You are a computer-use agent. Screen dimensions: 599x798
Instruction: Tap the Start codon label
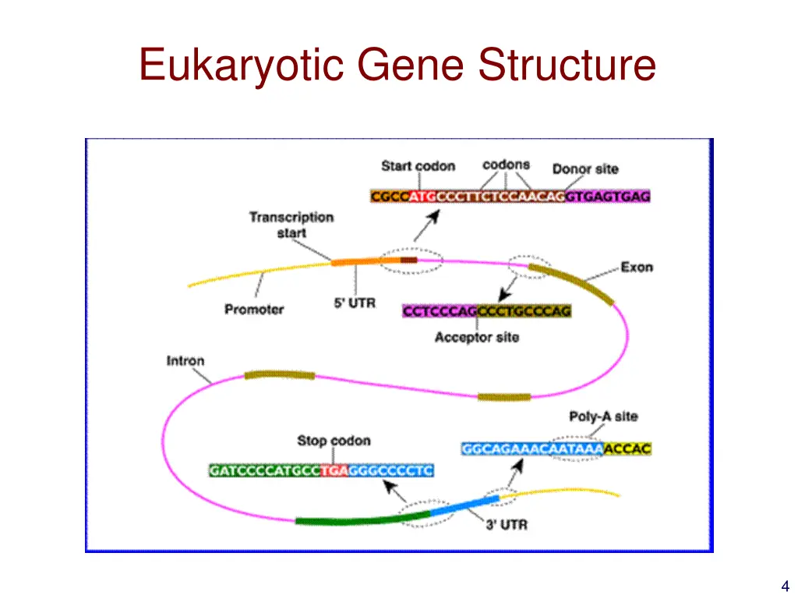coord(418,166)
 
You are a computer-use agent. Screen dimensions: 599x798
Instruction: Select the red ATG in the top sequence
coord(422,197)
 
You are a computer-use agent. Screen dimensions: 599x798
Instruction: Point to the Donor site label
coord(585,168)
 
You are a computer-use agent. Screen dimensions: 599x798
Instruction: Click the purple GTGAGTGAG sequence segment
coord(608,197)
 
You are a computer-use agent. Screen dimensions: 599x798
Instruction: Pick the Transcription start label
coord(291,225)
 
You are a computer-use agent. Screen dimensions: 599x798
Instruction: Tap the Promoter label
coord(254,310)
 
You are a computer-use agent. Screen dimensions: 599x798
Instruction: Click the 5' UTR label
coord(355,303)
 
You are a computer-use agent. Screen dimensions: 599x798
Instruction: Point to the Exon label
coord(637,268)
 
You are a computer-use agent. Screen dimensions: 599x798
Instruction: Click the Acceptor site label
coord(476,338)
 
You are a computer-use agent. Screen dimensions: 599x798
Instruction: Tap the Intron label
coord(185,361)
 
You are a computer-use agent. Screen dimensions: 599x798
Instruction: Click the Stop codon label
coord(334,441)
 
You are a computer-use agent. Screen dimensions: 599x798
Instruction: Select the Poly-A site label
coord(603,417)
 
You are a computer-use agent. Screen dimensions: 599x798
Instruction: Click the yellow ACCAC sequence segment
coord(627,449)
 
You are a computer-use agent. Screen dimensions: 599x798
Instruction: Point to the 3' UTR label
coord(507,525)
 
